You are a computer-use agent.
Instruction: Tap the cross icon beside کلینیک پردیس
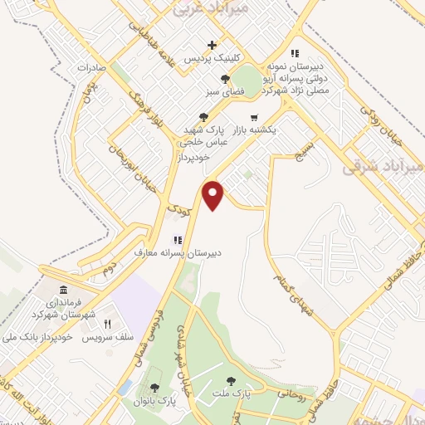click(213, 45)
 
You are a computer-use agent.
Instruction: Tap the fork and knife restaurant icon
click(107, 323)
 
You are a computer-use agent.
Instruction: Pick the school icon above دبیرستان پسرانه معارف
click(178, 239)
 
